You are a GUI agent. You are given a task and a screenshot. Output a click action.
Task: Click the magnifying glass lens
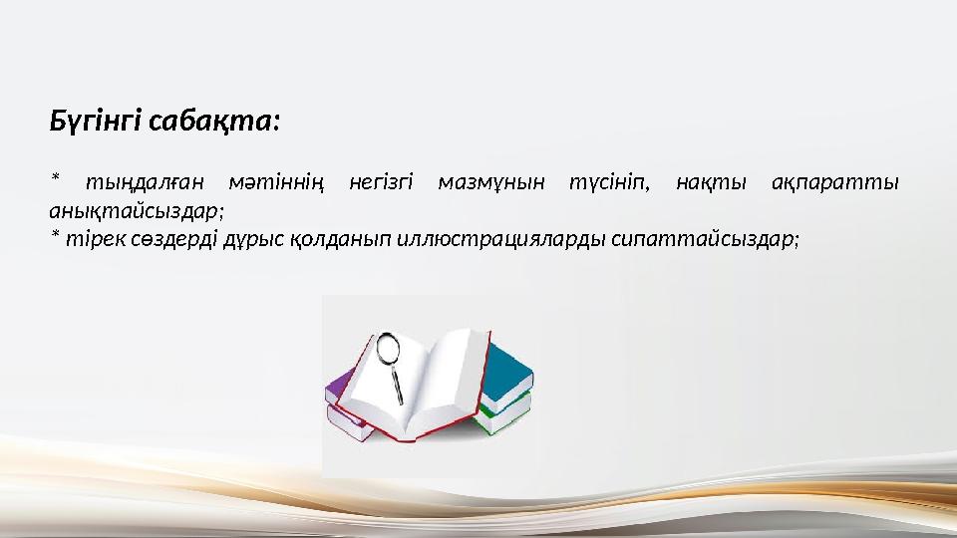click(x=387, y=348)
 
